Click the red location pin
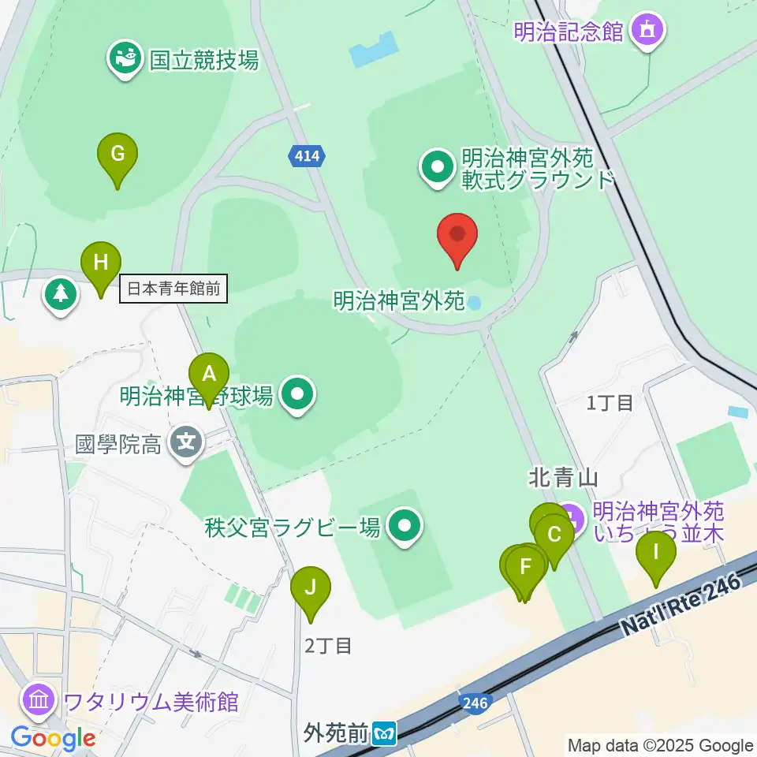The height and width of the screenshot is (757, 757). point(457,237)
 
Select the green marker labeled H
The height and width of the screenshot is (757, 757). point(101,263)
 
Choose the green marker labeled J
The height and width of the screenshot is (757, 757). point(311,588)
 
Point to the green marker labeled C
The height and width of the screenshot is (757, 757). point(554,536)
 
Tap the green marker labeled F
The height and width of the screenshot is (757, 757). point(526,566)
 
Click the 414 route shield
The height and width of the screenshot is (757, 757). point(306,156)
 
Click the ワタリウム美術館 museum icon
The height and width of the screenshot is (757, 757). point(39,700)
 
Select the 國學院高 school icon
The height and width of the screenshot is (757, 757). point(187,444)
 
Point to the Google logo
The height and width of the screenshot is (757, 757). point(53,738)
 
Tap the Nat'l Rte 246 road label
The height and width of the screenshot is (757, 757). point(681,605)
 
